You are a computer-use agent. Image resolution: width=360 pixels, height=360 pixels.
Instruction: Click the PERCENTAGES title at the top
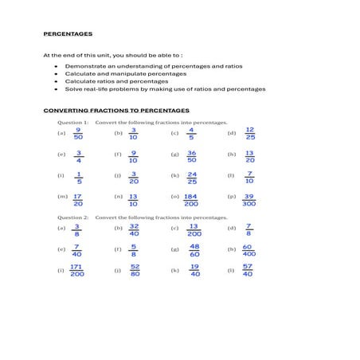click(x=67, y=34)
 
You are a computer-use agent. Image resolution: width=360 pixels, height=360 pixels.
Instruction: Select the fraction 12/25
click(x=249, y=133)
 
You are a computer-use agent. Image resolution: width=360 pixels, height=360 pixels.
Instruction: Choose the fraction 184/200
click(x=191, y=199)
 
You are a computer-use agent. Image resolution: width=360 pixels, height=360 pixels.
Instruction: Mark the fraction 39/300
click(x=249, y=199)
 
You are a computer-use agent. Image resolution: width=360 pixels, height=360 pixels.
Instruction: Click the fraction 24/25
click(x=192, y=177)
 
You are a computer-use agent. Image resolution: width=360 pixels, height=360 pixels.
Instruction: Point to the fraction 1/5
click(x=78, y=177)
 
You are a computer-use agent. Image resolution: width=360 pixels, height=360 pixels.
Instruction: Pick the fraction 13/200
click(x=193, y=229)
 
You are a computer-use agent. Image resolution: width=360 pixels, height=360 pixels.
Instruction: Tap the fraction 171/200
click(x=77, y=272)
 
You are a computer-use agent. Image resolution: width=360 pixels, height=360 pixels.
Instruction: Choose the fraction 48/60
click(x=194, y=251)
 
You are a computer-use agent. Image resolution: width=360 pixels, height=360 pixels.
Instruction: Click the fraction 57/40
click(x=248, y=272)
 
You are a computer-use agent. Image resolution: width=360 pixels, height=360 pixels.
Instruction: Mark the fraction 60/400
click(x=248, y=251)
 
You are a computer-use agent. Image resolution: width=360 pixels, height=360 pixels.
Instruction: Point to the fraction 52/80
click(x=135, y=272)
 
